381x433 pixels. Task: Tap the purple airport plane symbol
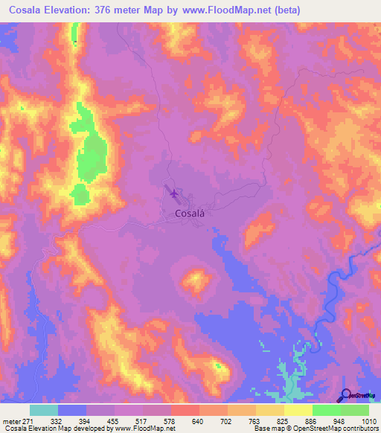[174, 194]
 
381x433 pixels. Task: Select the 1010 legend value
[369, 420]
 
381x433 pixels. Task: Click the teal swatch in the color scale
[44, 410]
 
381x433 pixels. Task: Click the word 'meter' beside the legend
[11, 420]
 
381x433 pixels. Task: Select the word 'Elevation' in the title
[78, 10]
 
